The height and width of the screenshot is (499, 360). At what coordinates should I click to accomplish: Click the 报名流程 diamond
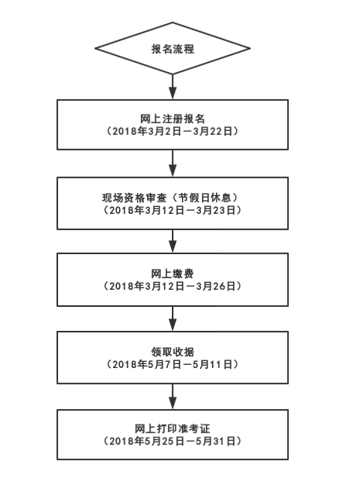(x=172, y=49)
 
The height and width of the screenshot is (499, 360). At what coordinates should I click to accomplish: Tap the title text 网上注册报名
(x=172, y=119)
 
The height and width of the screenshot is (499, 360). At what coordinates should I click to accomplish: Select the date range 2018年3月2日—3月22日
(x=172, y=132)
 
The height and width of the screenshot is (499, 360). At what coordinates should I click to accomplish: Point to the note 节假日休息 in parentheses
(x=206, y=196)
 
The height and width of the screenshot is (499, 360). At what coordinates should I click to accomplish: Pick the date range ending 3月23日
(x=172, y=209)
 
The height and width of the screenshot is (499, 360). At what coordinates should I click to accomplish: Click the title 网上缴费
(x=172, y=274)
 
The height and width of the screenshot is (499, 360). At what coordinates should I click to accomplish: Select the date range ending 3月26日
(x=172, y=287)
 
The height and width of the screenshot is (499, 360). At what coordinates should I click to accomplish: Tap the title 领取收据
(x=172, y=350)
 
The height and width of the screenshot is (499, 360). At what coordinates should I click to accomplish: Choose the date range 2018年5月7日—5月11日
(x=172, y=363)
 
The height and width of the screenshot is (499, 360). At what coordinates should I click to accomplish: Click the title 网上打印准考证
(x=172, y=428)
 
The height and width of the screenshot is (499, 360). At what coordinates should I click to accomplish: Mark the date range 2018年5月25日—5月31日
(x=172, y=441)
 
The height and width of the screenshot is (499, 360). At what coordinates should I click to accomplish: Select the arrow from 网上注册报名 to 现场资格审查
(x=172, y=163)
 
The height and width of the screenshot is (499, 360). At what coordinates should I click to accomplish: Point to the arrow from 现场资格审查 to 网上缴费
(x=172, y=241)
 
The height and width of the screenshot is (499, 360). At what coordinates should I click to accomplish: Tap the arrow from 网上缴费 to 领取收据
(x=172, y=318)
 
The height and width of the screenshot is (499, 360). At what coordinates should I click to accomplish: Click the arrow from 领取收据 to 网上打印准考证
(x=172, y=395)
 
